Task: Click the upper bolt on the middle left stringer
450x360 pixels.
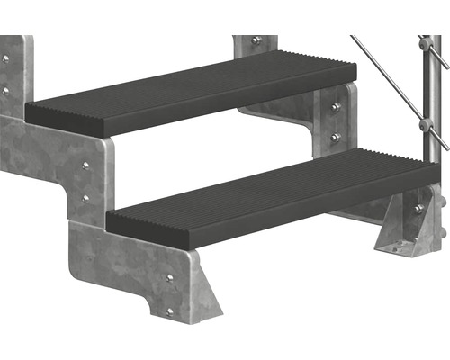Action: [85, 166]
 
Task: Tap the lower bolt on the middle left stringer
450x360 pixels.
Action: [85, 197]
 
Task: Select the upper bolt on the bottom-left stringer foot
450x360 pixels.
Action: [169, 278]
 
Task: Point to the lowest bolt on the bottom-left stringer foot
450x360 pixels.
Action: [169, 311]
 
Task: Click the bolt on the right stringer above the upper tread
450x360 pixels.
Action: [256, 40]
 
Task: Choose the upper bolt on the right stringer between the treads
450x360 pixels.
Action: [336, 108]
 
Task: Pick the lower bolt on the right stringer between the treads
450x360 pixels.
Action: [336, 138]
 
